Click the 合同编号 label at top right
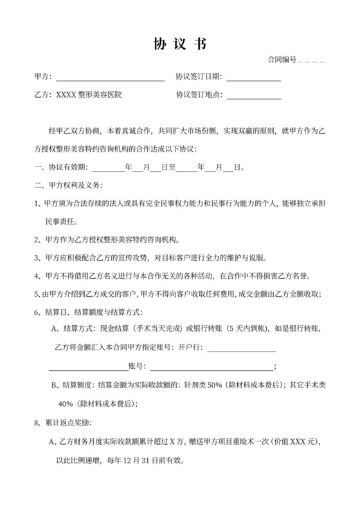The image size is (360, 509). pos(282,60)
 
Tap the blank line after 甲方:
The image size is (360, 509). pos(110,77)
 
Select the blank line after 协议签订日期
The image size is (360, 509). pos(253,77)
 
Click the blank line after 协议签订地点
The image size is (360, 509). pos(253,95)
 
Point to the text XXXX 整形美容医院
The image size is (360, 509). pos(89,94)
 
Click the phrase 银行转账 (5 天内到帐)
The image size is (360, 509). pos(231,330)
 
